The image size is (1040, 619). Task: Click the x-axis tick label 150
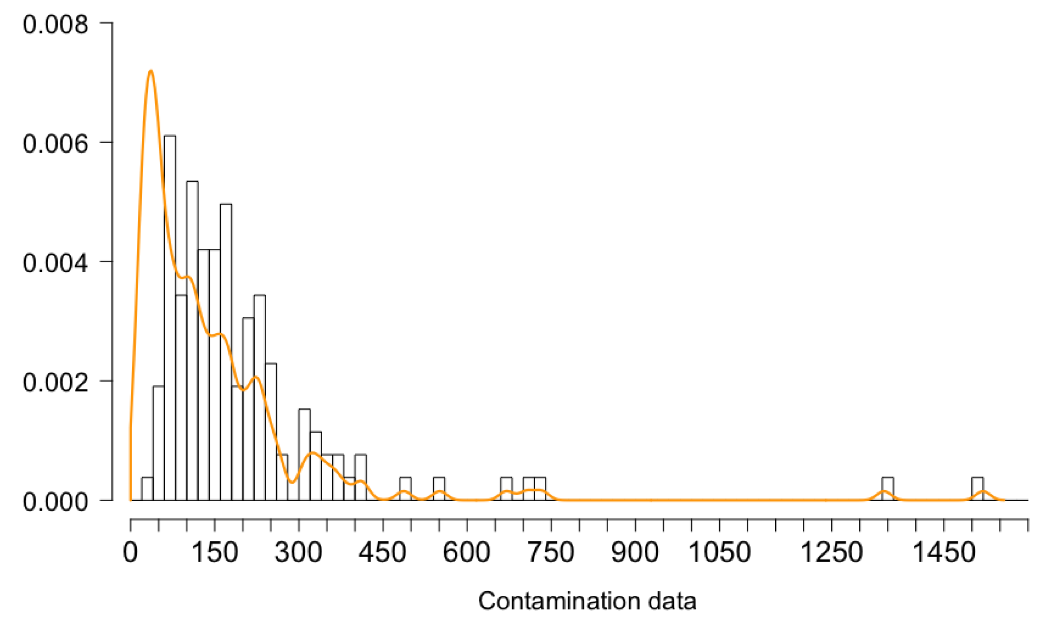[215, 553]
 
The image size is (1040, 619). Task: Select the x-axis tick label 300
[299, 553]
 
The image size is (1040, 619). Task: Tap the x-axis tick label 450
[383, 553]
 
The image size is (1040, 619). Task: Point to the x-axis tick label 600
[467, 553]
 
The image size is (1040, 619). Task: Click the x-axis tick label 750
[550, 553]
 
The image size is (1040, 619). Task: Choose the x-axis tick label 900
[635, 553]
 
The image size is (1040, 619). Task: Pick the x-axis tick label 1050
[720, 553]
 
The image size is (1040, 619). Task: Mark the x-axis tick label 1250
[831, 553]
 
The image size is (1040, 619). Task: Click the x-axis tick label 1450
[943, 553]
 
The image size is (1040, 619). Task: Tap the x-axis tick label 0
[130, 553]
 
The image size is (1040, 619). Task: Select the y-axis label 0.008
[55, 24]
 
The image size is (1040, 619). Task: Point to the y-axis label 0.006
[55, 144]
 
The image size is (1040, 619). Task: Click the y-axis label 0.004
[55, 263]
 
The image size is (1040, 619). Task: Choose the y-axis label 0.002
[55, 382]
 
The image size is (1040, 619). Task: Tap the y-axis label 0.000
[55, 502]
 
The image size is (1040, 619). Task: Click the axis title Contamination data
[587, 601]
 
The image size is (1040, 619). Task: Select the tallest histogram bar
[170, 318]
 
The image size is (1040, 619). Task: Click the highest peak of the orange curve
[150, 70]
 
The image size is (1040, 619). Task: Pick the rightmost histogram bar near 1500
[977, 489]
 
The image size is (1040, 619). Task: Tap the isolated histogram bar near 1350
[888, 489]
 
